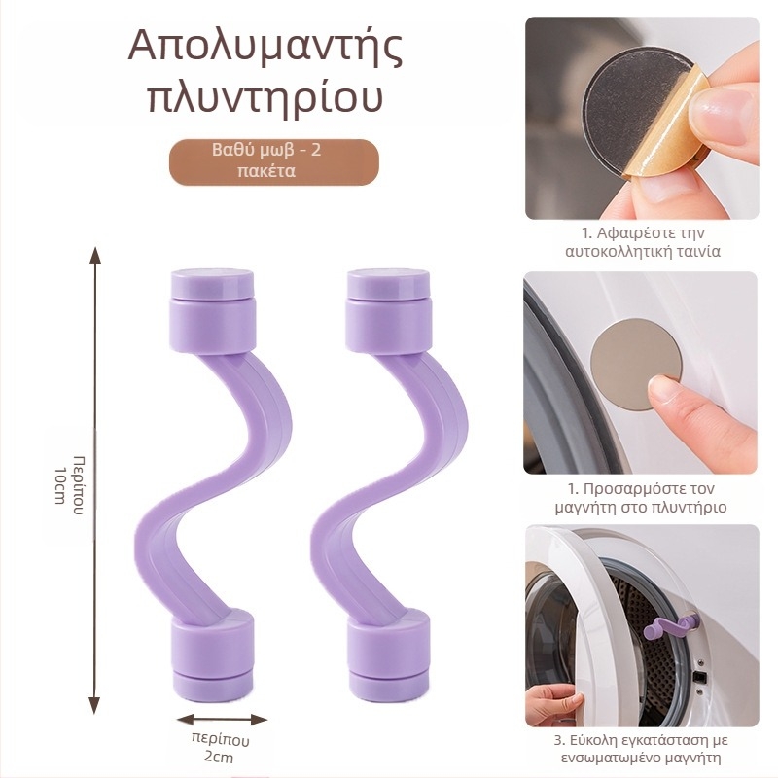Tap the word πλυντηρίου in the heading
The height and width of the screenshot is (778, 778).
pos(265,100)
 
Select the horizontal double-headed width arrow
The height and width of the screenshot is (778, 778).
pos(222,720)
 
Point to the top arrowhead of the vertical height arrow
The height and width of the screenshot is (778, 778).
pos(94,255)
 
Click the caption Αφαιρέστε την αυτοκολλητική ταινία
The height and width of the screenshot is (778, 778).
pos(642,242)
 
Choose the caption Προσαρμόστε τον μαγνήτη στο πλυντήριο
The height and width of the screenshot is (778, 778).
pos(642,497)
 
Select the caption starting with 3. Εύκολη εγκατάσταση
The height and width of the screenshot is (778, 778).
pos(642,751)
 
